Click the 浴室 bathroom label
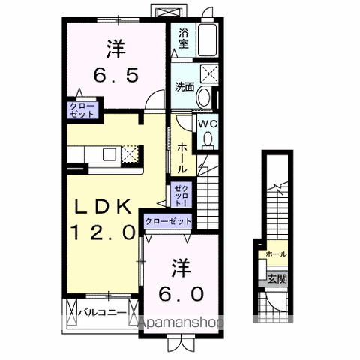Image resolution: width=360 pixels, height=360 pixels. pos(183,39)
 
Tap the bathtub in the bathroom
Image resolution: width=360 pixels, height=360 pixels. pos(208,40)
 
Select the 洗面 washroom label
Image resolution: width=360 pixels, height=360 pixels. pos(184,87)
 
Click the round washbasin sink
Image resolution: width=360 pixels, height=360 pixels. pos(203,97)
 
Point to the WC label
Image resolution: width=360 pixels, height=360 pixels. pos(208,124)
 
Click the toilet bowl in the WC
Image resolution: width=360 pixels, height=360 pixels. pos(208,139)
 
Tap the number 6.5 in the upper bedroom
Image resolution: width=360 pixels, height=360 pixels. pos(115,76)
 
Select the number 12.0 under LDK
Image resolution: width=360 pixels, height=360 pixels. pos(103,232)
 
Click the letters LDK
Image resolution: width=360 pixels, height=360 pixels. pos(103,207)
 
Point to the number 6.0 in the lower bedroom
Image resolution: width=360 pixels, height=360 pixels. pos(181,294)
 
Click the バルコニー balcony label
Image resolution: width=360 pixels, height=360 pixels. pos(103,313)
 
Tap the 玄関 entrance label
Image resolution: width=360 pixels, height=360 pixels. pos(277,279)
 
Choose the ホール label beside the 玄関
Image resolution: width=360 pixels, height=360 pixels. pos(276,254)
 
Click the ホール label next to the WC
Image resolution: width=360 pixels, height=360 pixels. pos(181,159)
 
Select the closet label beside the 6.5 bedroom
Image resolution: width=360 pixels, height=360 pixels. pos(82,110)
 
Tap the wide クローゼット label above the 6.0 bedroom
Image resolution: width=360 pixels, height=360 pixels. pos(168,221)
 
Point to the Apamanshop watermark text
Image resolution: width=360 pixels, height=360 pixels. pos(181,322)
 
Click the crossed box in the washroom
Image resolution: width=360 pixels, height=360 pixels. pos(209,73)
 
